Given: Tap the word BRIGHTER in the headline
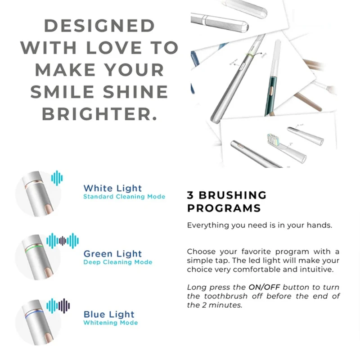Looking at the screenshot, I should (x=99, y=113).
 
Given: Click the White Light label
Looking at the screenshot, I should (x=112, y=188).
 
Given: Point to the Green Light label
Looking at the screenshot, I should (x=112, y=254).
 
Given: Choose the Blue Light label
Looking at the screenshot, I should (x=109, y=314).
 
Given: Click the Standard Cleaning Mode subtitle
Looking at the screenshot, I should (x=124, y=197).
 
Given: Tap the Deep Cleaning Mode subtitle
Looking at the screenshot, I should (x=118, y=262).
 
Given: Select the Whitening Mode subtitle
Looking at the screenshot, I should (x=111, y=323).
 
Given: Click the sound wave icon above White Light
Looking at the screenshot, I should (x=57, y=177).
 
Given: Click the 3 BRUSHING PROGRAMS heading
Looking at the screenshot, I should (x=227, y=202).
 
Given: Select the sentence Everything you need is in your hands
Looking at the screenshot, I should (x=260, y=225).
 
